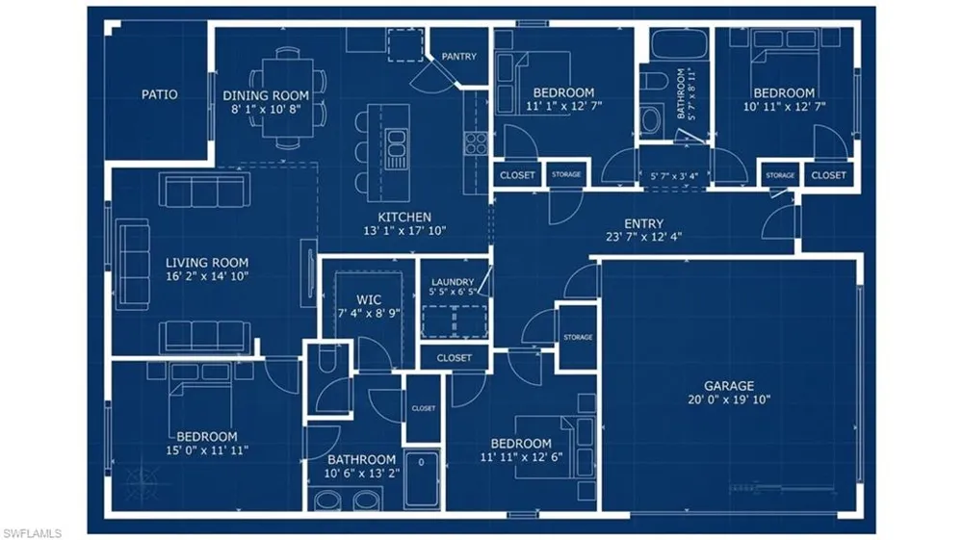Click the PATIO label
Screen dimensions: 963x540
tap(160, 94)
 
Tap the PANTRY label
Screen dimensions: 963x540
tap(458, 57)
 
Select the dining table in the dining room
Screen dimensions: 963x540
tap(288, 98)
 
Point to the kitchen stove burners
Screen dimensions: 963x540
tap(476, 144)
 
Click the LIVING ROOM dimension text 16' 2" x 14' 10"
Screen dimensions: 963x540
tap(207, 276)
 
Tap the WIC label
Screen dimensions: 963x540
tap(369, 299)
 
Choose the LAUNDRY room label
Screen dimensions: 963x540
tap(453, 282)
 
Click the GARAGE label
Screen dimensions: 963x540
tap(729, 386)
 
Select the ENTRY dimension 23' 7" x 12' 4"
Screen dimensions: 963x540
tap(643, 237)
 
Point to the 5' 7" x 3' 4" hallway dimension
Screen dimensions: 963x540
tap(674, 177)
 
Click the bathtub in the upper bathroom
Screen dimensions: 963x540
tap(679, 43)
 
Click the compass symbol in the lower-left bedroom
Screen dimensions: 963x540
tap(143, 477)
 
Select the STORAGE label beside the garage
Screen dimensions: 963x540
tap(578, 338)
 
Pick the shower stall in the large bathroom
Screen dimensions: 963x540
tap(422, 478)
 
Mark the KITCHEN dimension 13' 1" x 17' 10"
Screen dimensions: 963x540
tap(404, 231)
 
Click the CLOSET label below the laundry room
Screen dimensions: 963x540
tap(455, 358)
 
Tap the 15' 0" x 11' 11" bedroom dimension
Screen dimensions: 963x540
tap(207, 450)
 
